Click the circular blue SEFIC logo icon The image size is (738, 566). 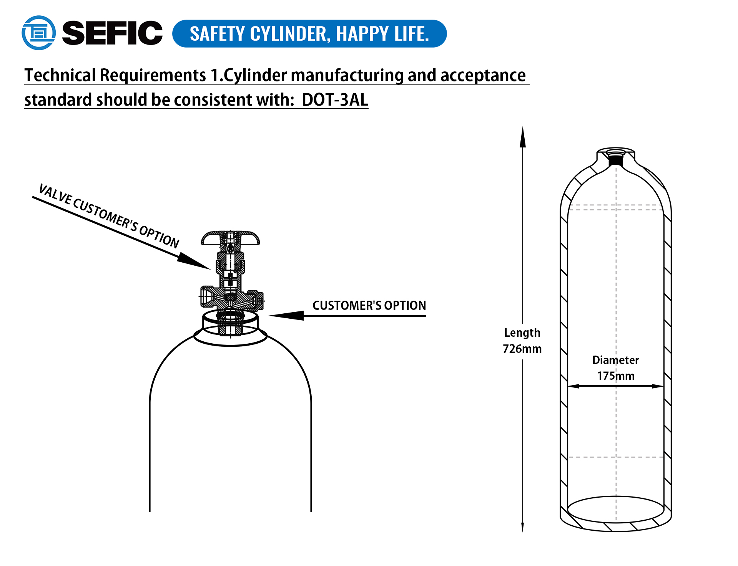pyautogui.click(x=38, y=33)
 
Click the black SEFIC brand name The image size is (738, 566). pyautogui.click(x=112, y=33)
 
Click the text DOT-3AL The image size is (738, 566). pyautogui.click(x=335, y=100)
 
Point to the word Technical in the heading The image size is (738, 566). pyautogui.click(x=60, y=75)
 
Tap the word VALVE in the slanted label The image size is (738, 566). pyautogui.click(x=55, y=194)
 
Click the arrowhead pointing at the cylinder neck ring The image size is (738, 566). pyautogui.click(x=286, y=316)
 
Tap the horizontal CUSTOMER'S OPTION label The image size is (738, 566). pyautogui.click(x=369, y=305)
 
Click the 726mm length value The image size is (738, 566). pyautogui.click(x=522, y=349)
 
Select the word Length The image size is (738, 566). pyautogui.click(x=522, y=333)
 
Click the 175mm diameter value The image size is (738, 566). pyautogui.click(x=616, y=376)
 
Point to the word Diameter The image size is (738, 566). pyautogui.click(x=615, y=360)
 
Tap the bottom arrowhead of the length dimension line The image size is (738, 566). pyautogui.click(x=522, y=527)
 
